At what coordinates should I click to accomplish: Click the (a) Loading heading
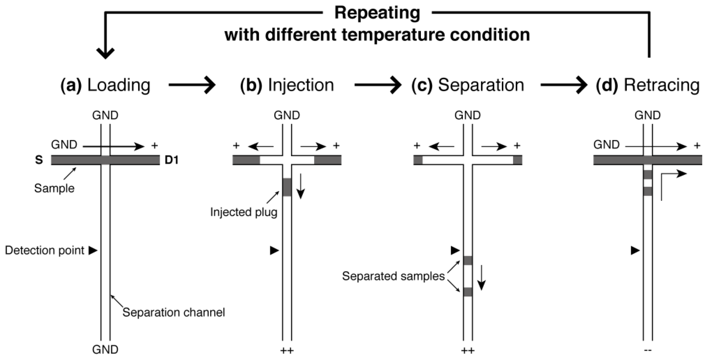point(105,85)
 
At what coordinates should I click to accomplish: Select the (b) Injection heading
point(287,85)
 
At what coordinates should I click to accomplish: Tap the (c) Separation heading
point(468,85)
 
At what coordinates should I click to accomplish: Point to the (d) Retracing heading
point(648,85)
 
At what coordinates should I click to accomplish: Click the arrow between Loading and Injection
point(192,85)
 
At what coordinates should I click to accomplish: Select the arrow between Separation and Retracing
point(564,85)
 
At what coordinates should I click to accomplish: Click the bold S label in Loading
point(39,160)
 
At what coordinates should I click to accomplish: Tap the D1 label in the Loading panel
point(172,160)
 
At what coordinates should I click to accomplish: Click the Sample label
point(54,188)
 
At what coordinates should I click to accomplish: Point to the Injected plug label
point(244,212)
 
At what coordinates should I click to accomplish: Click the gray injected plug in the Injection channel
point(287,187)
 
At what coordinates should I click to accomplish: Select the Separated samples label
point(393,276)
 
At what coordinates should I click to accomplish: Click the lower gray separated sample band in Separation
point(468,292)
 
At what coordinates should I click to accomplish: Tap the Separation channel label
point(174,312)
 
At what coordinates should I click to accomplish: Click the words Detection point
point(45,250)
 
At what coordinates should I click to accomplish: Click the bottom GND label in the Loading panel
point(105,349)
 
